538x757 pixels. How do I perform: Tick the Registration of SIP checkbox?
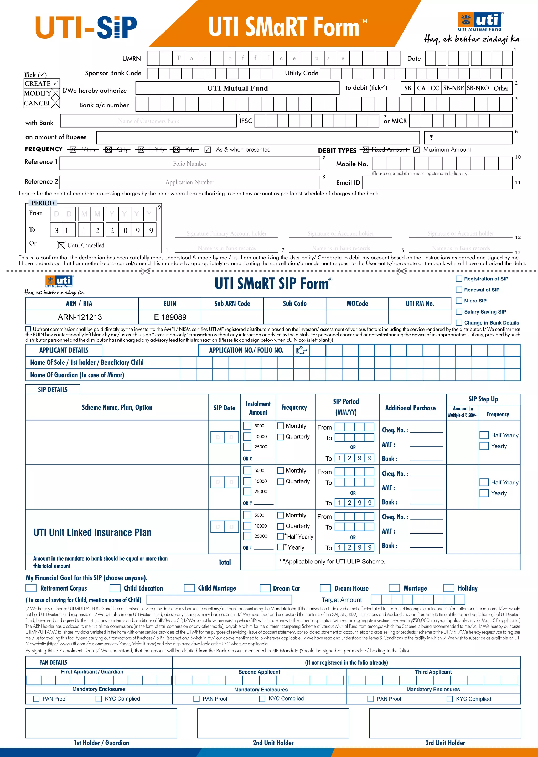click(459, 279)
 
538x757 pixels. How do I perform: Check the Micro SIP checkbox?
click(459, 301)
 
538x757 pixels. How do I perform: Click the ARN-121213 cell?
click(80, 317)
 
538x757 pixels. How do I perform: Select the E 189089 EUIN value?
click(170, 317)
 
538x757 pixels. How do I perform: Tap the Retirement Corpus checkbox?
click(31, 588)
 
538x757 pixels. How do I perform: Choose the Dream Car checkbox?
click(265, 588)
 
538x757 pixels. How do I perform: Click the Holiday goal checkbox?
click(449, 588)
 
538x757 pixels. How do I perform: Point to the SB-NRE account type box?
click(453, 88)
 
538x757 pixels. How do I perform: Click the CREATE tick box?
click(56, 83)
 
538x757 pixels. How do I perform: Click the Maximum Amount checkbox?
click(417, 150)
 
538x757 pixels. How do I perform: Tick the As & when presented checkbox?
click(208, 150)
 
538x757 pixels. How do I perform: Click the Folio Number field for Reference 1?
click(189, 164)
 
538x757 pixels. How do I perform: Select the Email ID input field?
click(437, 182)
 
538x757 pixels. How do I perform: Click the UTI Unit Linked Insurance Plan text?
click(92, 532)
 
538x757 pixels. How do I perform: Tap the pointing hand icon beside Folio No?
click(302, 350)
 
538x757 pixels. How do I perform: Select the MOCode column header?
click(357, 304)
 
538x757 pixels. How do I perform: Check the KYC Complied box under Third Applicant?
click(449, 699)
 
